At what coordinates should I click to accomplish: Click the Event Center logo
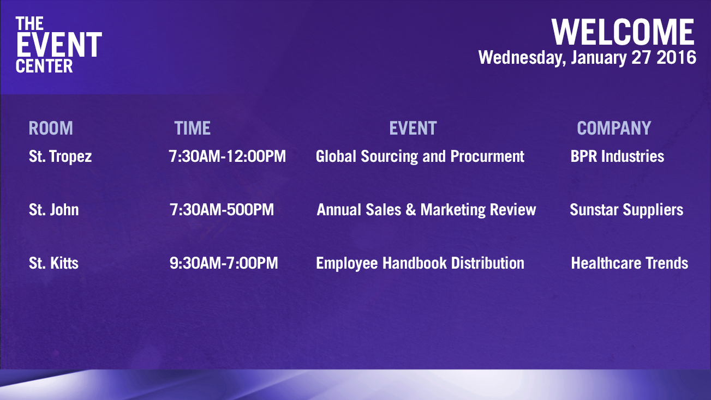(59, 45)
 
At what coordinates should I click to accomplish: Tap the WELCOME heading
(623, 32)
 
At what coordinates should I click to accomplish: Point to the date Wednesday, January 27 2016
(587, 58)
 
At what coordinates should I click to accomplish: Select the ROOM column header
(51, 128)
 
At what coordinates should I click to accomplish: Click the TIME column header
(193, 128)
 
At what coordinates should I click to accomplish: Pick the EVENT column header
(413, 128)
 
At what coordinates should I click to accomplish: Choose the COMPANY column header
(614, 128)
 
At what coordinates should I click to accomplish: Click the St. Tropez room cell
(61, 156)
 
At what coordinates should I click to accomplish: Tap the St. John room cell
(53, 210)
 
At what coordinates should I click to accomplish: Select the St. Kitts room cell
(53, 263)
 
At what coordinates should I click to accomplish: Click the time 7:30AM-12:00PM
(227, 156)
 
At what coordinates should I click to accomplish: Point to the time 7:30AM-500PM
(222, 210)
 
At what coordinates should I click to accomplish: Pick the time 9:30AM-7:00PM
(224, 263)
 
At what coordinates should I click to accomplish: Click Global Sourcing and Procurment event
(420, 156)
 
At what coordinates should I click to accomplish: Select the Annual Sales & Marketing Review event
(426, 210)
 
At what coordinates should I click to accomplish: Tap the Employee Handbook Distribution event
(420, 264)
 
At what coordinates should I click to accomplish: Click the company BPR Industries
(617, 156)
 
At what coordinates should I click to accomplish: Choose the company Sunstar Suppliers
(626, 210)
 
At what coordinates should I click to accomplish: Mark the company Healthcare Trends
(630, 263)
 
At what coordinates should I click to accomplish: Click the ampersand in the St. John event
(411, 210)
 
